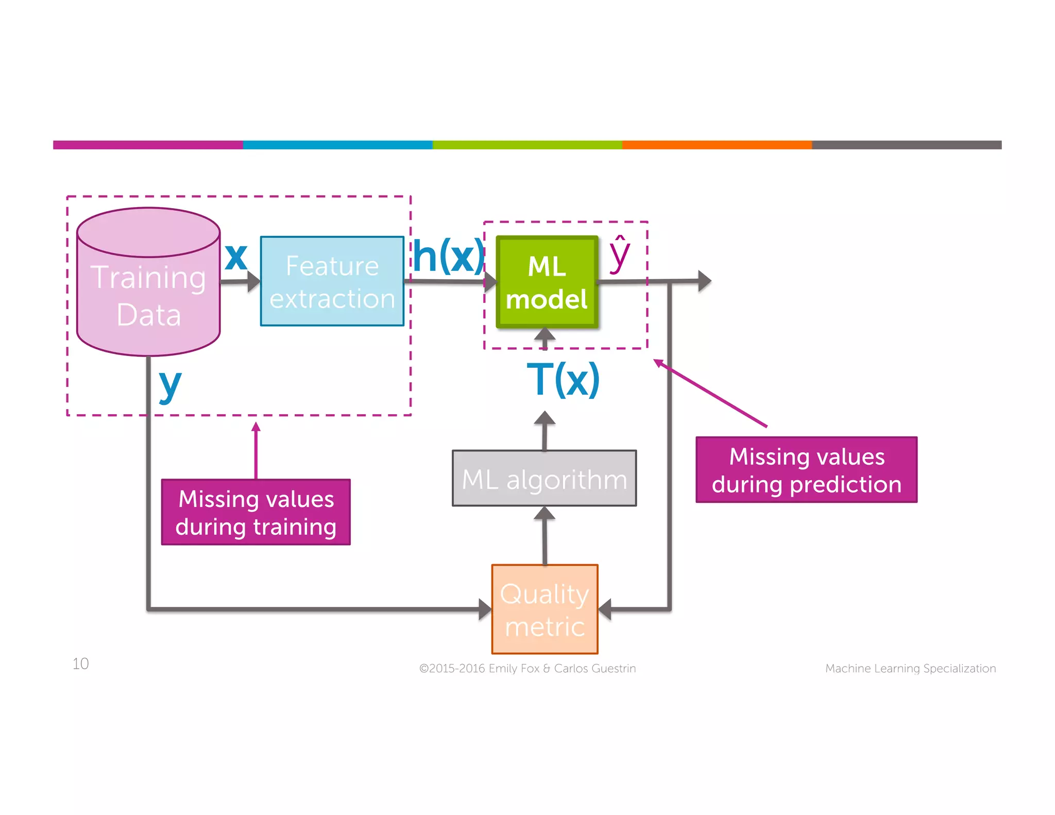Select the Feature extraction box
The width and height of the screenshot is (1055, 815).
click(x=332, y=281)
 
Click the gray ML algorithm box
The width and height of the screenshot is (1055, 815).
click(x=544, y=479)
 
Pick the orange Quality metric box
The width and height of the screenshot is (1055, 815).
click(x=544, y=609)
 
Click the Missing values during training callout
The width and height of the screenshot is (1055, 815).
click(x=256, y=512)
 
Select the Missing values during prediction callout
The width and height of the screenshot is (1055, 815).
click(x=806, y=470)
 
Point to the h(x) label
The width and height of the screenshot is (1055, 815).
click(x=448, y=256)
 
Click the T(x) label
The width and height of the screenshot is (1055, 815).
click(x=563, y=380)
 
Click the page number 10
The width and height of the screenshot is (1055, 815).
click(x=80, y=664)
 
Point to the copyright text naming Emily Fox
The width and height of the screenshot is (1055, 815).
click(x=527, y=668)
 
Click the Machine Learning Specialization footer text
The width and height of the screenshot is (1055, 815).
click(x=910, y=668)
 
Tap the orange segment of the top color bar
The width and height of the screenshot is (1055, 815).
click(x=717, y=145)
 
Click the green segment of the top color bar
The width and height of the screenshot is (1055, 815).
click(x=527, y=145)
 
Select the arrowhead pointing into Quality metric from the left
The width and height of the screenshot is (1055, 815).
click(x=484, y=609)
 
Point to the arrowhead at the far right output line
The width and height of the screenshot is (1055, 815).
click(x=704, y=281)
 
